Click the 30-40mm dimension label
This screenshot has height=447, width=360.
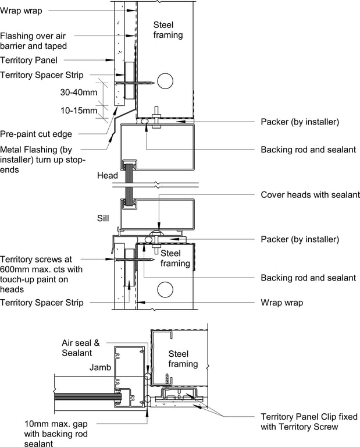79,93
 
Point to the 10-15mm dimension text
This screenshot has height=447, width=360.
79,111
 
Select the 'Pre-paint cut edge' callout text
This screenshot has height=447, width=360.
36,134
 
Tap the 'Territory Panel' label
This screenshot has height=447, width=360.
28,60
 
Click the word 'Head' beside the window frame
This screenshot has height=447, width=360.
108,175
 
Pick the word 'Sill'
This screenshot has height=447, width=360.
103,218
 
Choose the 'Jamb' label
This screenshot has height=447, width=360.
100,367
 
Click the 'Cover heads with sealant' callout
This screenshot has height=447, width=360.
310,195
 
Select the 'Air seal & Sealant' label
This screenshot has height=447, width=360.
81,348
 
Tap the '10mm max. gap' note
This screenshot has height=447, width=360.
56,424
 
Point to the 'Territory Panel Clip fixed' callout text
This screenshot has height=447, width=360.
309,417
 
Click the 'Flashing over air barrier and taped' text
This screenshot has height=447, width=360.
33,41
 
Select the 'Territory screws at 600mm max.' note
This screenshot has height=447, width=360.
41,264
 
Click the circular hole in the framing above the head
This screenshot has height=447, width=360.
165,81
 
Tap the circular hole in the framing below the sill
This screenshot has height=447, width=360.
165,290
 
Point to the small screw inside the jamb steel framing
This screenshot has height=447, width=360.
167,379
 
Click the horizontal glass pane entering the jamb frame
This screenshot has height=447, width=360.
88,396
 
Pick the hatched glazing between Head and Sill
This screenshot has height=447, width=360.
129,184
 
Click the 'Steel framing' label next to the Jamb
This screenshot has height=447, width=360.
183,359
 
